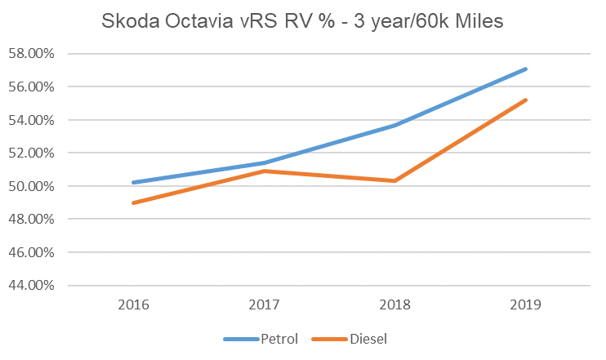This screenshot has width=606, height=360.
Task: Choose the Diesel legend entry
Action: (367, 338)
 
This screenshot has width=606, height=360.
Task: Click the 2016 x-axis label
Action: (133, 304)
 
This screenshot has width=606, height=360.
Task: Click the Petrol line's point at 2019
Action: (527, 69)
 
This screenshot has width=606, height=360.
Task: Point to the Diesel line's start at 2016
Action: (133, 202)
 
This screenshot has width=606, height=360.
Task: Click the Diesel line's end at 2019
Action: (527, 100)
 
